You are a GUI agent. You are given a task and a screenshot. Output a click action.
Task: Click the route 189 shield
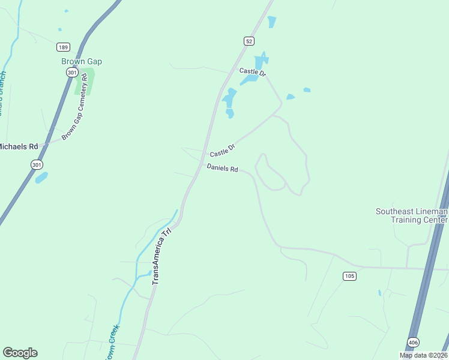coord(64,47)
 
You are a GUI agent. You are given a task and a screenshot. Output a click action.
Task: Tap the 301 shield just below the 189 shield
coord(71,72)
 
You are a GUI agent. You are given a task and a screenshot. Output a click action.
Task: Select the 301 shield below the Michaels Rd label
coord(37,164)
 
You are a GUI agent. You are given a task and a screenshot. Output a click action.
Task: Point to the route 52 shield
coord(249,41)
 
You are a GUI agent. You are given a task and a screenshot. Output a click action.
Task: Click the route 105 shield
coord(350,276)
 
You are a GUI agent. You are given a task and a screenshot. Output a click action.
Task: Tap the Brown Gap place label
coord(82,61)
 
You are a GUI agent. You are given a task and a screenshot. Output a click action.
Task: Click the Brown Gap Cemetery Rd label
coord(78,106)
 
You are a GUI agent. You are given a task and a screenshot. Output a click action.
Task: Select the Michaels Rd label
coord(18,146)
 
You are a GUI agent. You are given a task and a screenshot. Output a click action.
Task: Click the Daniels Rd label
coord(223,169)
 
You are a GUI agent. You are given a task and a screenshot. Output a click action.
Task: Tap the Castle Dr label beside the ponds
coord(252,71)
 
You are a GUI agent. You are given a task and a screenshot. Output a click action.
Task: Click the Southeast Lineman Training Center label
coord(412,215)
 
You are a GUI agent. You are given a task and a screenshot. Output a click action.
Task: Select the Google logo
coord(20,353)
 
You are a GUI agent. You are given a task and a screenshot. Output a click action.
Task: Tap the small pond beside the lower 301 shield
coord(41,178)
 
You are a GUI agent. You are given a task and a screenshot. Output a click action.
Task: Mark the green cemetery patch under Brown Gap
coord(85,83)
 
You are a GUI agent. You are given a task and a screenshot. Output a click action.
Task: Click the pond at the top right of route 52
coord(272,22)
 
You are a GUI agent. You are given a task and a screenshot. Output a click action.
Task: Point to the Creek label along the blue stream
coord(112,341)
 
